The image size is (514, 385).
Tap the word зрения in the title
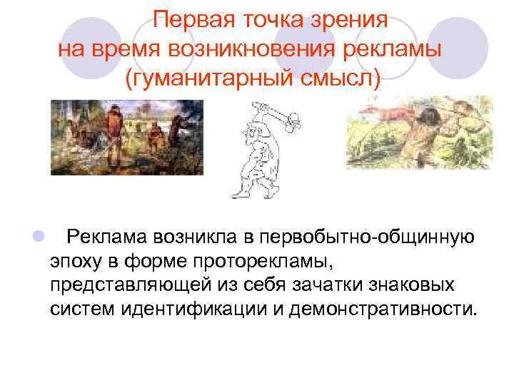[x=353, y=20]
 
